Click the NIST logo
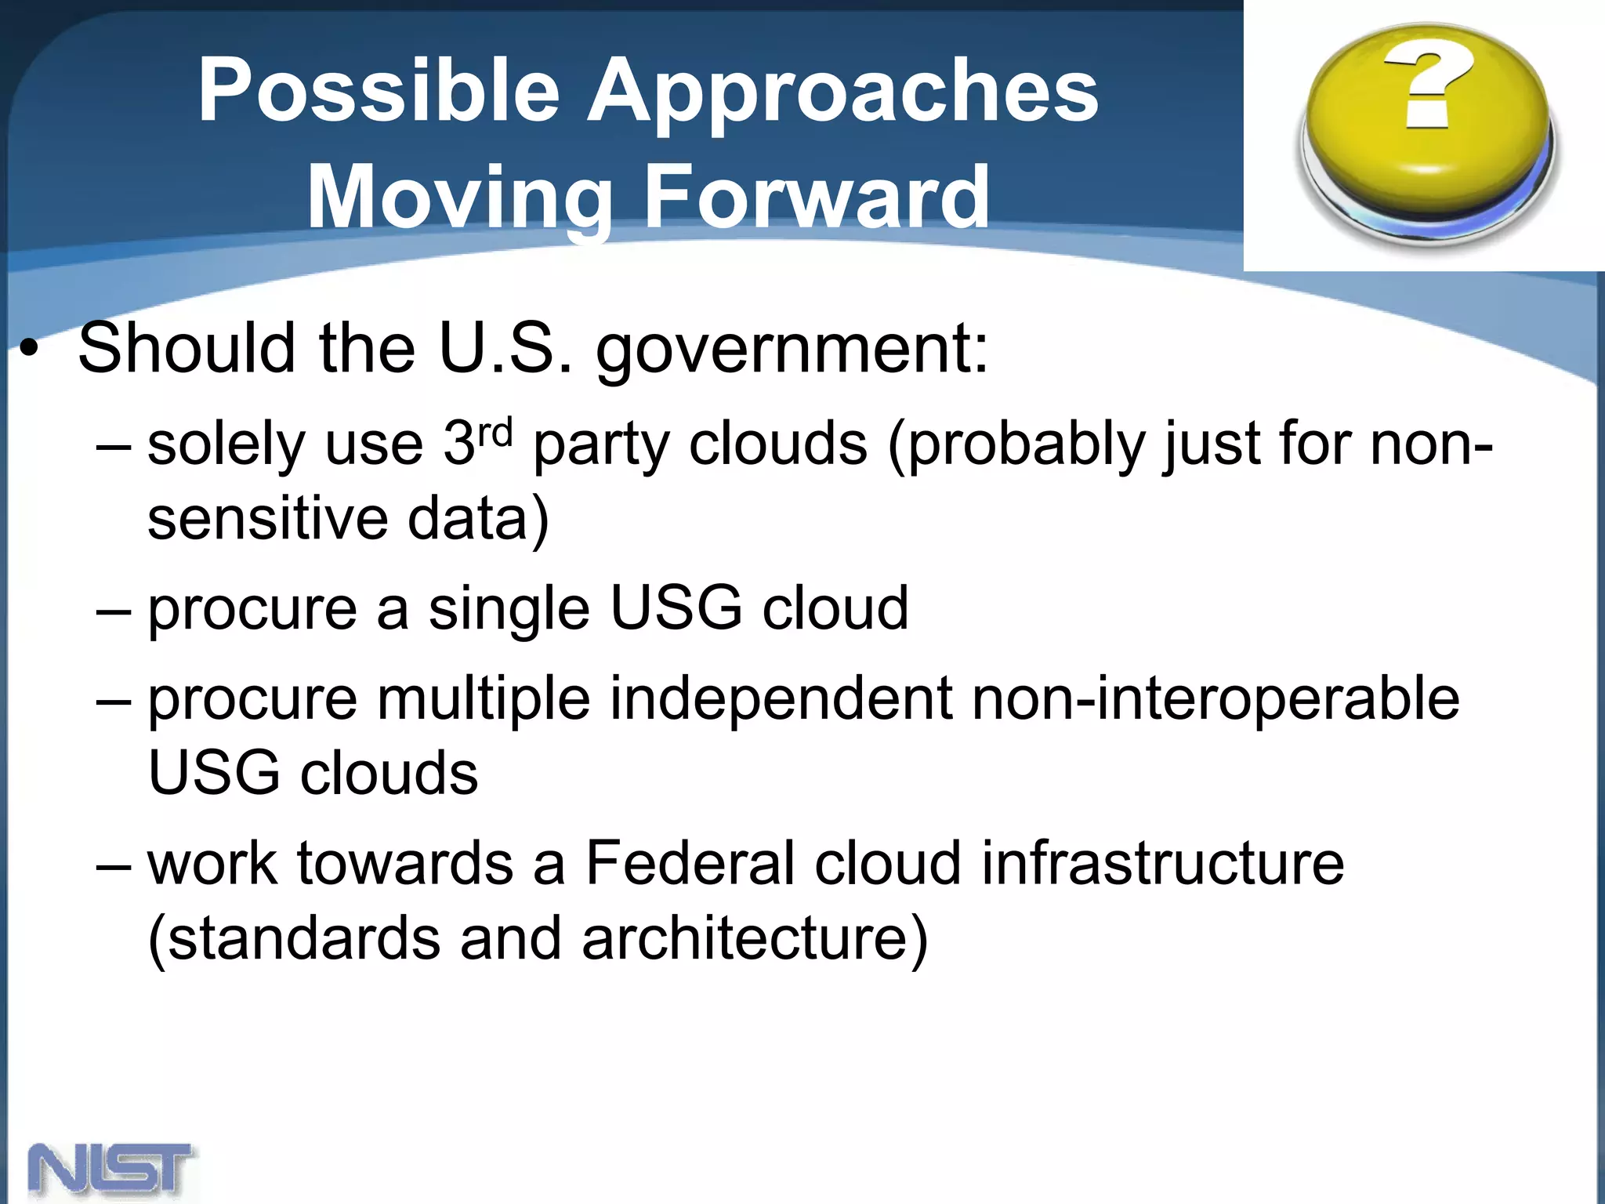[x=112, y=1169]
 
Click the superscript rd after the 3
[x=495, y=433]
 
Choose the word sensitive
[x=267, y=519]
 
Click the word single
[x=509, y=609]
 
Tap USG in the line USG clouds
[x=214, y=773]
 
